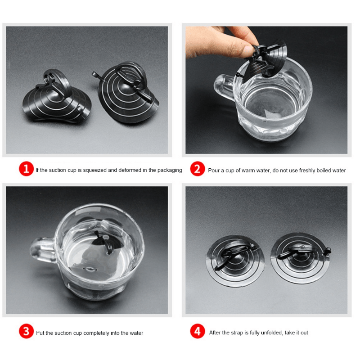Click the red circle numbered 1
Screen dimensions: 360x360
[26, 169]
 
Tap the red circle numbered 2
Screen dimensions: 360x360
[198, 169]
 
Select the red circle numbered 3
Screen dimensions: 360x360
[26, 331]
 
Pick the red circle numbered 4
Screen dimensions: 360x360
[198, 331]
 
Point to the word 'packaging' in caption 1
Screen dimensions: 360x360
[170, 171]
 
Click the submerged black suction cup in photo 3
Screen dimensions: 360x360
[104, 243]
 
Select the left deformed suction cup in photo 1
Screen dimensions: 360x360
[57, 97]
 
